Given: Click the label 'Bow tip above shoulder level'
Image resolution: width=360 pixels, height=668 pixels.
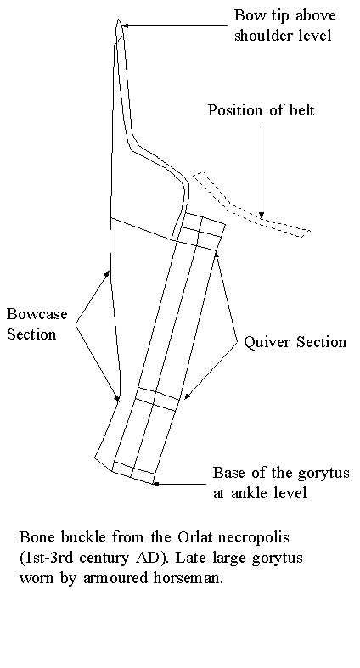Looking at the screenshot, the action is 284,25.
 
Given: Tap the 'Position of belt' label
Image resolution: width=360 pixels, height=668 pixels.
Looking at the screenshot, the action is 261,110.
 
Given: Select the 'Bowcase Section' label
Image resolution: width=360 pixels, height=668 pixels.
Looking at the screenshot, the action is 37,323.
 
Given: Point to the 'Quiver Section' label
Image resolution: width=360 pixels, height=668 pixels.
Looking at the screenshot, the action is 295,342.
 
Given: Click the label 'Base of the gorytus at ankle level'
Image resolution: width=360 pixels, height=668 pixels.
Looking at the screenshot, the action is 281,482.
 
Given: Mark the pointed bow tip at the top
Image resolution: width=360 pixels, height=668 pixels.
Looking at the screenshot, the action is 119,20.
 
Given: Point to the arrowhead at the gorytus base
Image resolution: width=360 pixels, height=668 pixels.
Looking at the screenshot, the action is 156,484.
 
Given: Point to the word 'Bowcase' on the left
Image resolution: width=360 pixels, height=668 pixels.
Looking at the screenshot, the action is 37,314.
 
